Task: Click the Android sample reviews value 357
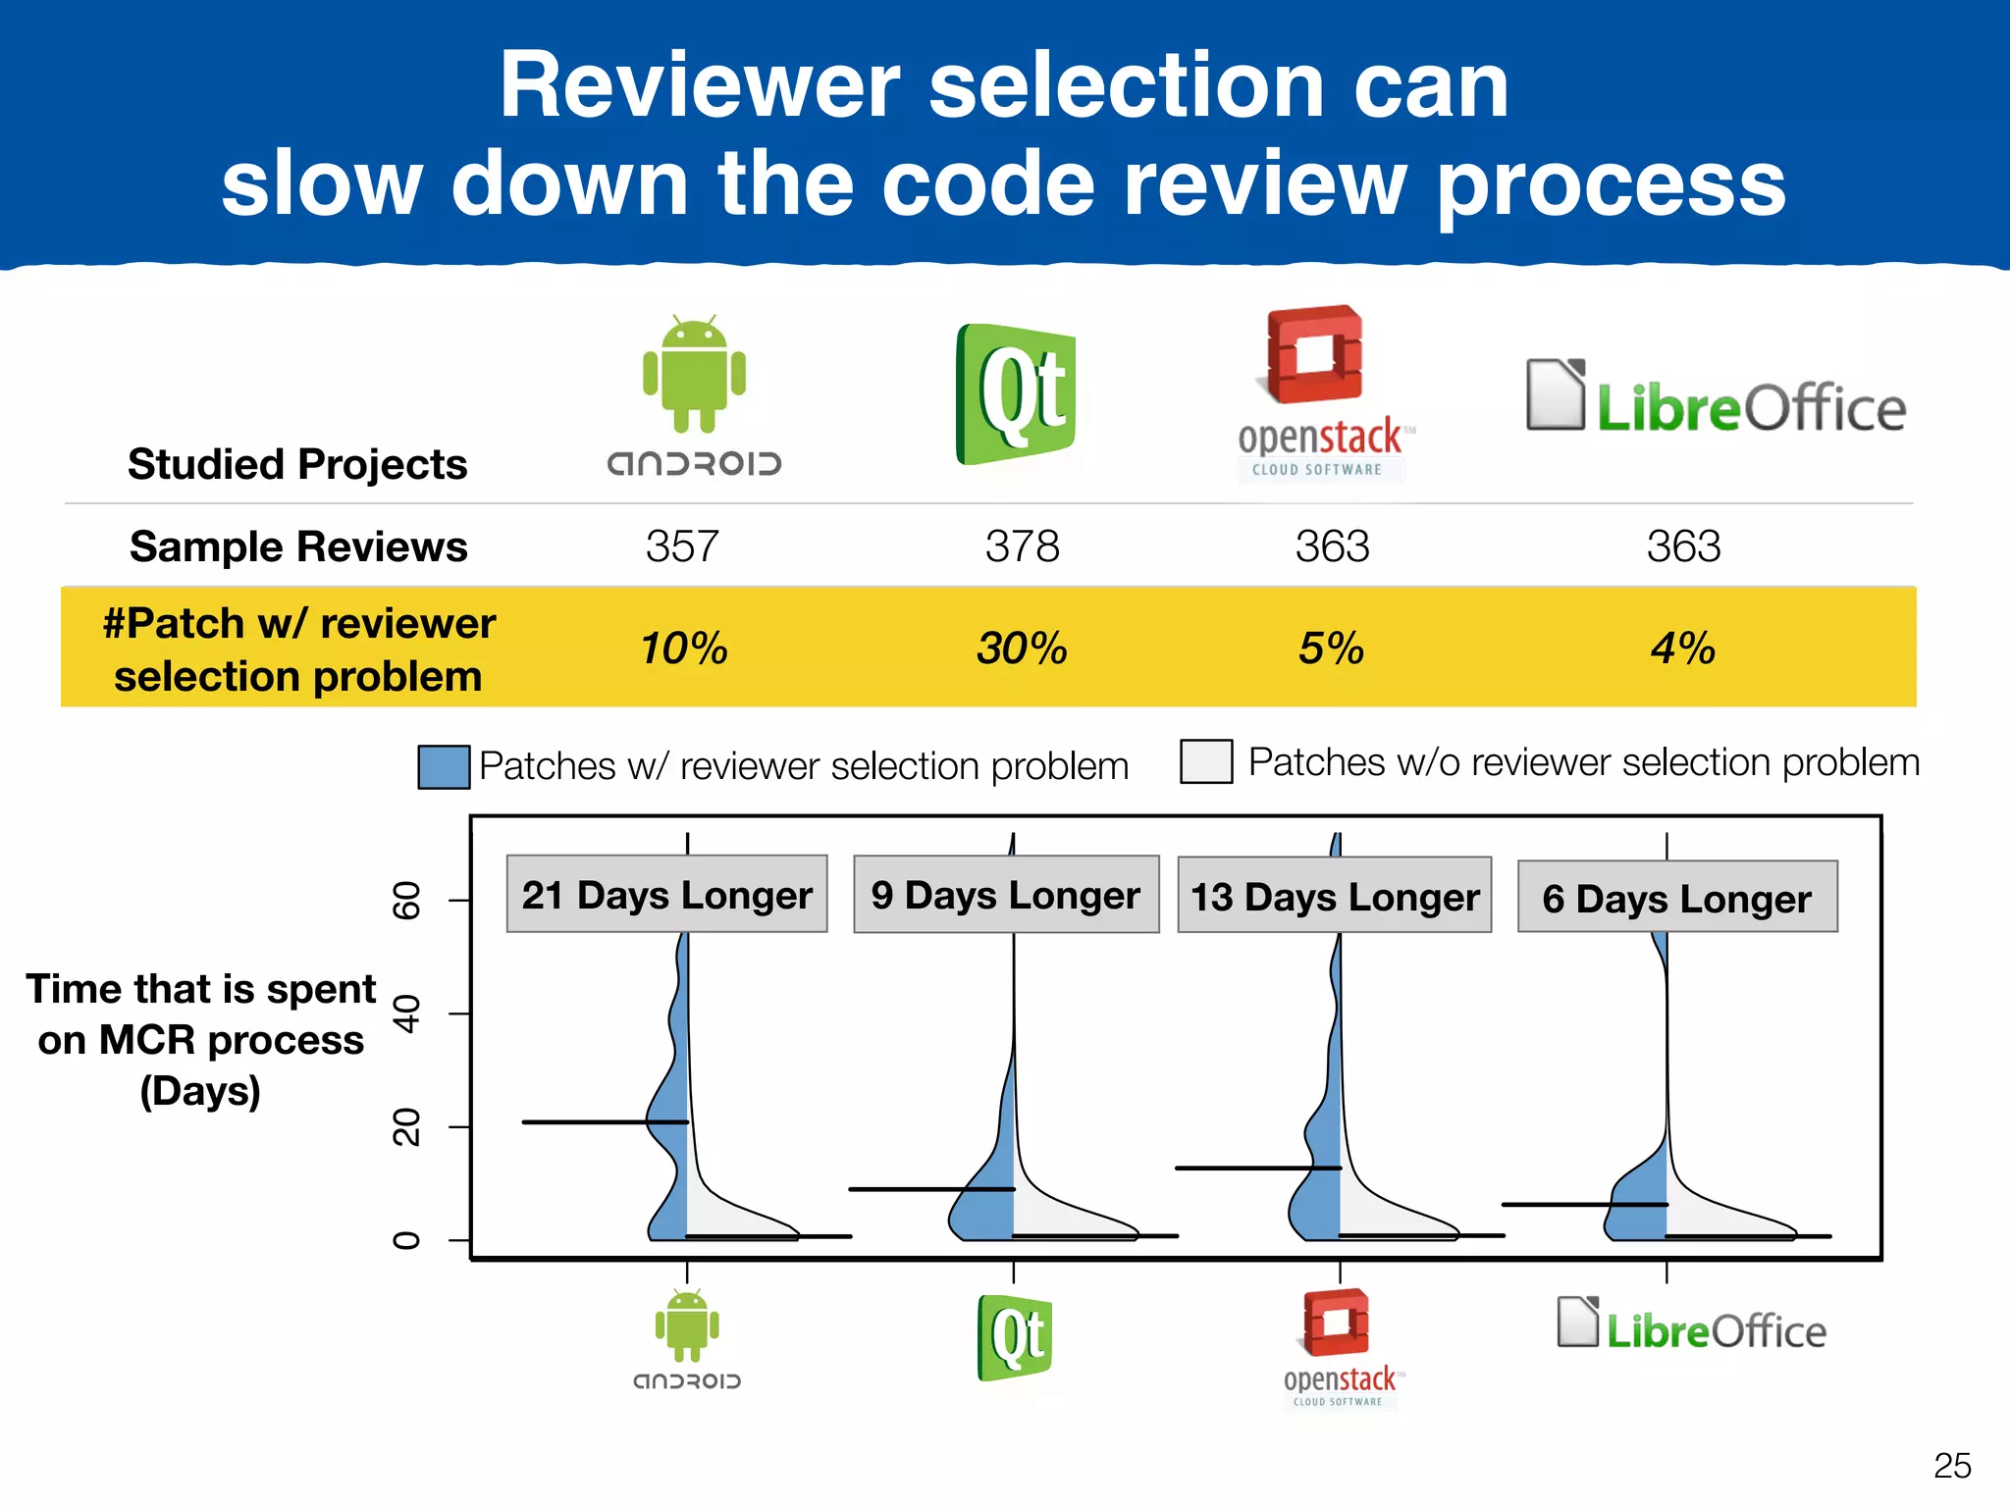coord(682,546)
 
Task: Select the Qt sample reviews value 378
coord(1022,546)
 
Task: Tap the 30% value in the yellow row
coord(1022,649)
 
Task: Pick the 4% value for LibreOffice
coord(1682,649)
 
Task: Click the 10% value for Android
coord(683,649)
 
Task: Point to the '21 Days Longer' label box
coord(666,895)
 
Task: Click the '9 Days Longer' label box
coord(1006,895)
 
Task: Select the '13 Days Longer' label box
coord(1335,896)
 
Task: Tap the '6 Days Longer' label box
coord(1676,898)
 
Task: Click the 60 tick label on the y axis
coord(406,900)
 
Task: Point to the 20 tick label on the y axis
coord(406,1127)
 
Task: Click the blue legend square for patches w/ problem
coord(444,766)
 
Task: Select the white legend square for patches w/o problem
coord(1206,761)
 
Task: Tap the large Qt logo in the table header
coord(1016,394)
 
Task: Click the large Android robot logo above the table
coord(694,376)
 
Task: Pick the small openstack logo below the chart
coord(1340,1347)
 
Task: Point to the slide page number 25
coord(1951,1466)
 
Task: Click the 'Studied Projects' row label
coord(297,464)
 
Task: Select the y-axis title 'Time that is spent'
coord(201,989)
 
